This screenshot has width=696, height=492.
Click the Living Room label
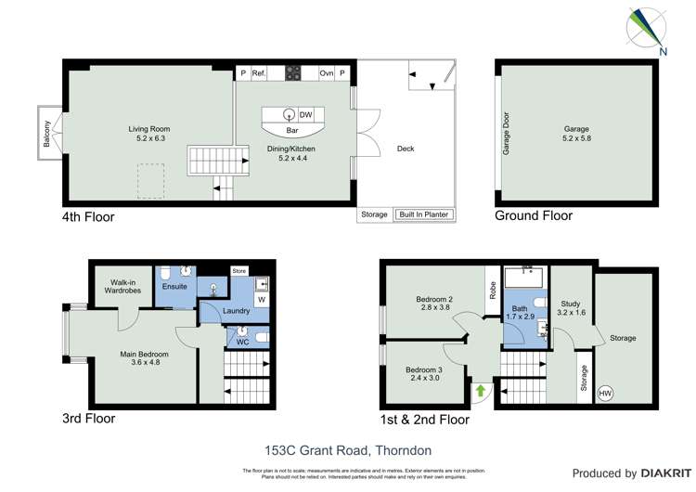(148, 129)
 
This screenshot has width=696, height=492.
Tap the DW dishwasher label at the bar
(304, 115)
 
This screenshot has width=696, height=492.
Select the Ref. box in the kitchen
(259, 72)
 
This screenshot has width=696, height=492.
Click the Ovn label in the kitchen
(326, 72)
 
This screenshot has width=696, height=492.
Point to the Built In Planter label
(423, 214)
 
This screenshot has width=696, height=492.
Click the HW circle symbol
(604, 393)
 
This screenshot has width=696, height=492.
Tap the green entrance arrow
(480, 391)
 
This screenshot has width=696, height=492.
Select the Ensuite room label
(174, 287)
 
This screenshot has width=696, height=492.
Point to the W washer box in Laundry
(261, 300)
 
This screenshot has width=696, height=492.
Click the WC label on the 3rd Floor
(241, 343)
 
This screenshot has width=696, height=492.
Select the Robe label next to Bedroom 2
(490, 290)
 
